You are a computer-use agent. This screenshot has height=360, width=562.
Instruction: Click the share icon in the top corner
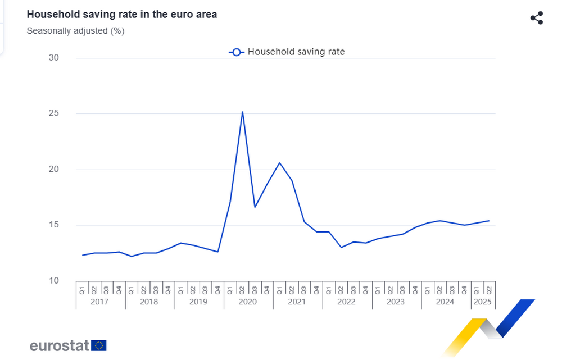(537, 17)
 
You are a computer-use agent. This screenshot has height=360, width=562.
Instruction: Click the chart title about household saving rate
(122, 15)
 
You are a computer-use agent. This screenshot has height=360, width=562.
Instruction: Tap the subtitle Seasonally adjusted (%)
(75, 31)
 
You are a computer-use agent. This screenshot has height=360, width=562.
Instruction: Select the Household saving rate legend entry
(287, 52)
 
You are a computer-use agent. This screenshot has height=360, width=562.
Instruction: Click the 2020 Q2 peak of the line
(242, 112)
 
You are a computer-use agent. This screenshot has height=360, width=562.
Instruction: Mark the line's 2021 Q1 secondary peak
(279, 163)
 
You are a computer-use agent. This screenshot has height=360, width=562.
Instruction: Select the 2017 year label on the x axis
(100, 302)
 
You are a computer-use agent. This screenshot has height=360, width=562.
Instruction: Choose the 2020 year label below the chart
(248, 302)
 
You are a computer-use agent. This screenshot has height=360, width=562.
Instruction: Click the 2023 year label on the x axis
(396, 302)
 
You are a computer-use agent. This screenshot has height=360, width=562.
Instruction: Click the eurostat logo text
(59, 345)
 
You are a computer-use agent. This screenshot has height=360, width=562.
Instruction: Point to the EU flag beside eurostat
(99, 345)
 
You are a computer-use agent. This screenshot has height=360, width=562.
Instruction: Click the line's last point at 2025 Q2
(489, 221)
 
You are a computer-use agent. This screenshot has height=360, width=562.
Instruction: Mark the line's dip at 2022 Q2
(341, 247)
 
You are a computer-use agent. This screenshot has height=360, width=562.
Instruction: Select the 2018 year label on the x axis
(149, 302)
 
